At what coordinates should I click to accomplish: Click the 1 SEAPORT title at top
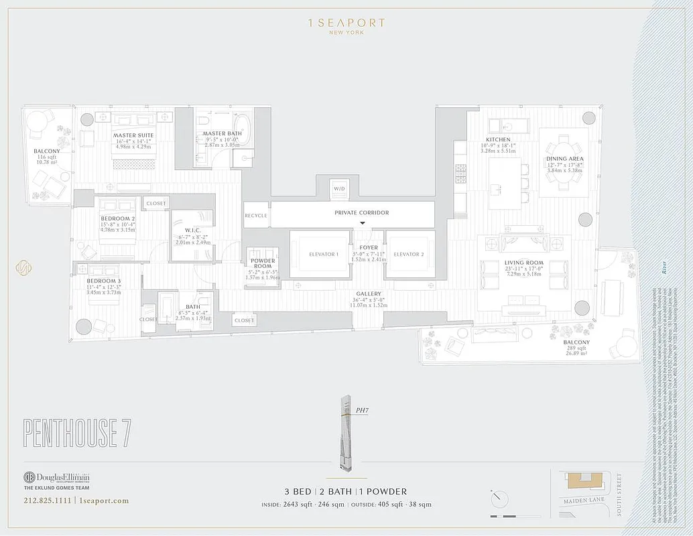point(346,23)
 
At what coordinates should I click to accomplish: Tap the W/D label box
point(339,189)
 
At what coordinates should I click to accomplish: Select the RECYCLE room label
point(256,216)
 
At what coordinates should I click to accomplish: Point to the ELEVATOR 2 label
point(408,254)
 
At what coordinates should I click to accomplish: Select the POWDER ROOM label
point(263,264)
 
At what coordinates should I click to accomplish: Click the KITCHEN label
point(498,140)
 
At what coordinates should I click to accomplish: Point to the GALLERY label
point(369,294)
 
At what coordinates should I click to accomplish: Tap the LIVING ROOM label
point(523,263)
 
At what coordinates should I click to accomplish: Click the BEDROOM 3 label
point(99,280)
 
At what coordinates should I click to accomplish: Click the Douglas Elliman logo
point(56,478)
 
